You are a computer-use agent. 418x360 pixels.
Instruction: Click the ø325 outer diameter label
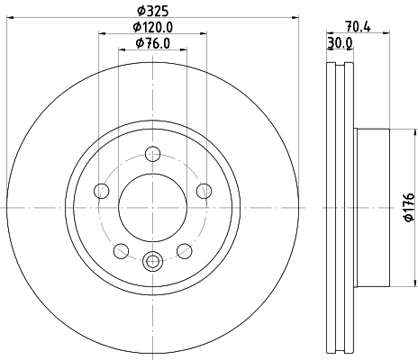tap(152, 12)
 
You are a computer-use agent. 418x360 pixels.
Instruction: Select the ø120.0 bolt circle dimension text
tap(152, 27)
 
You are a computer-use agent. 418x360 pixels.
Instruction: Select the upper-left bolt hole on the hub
tap(101, 190)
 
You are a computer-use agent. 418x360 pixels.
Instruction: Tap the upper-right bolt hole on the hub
tap(204, 190)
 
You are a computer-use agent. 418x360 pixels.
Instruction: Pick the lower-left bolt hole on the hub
tap(121, 250)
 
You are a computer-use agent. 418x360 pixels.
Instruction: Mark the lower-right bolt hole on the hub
tap(184, 250)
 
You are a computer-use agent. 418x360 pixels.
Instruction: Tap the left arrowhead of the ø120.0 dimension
tap(99, 34)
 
